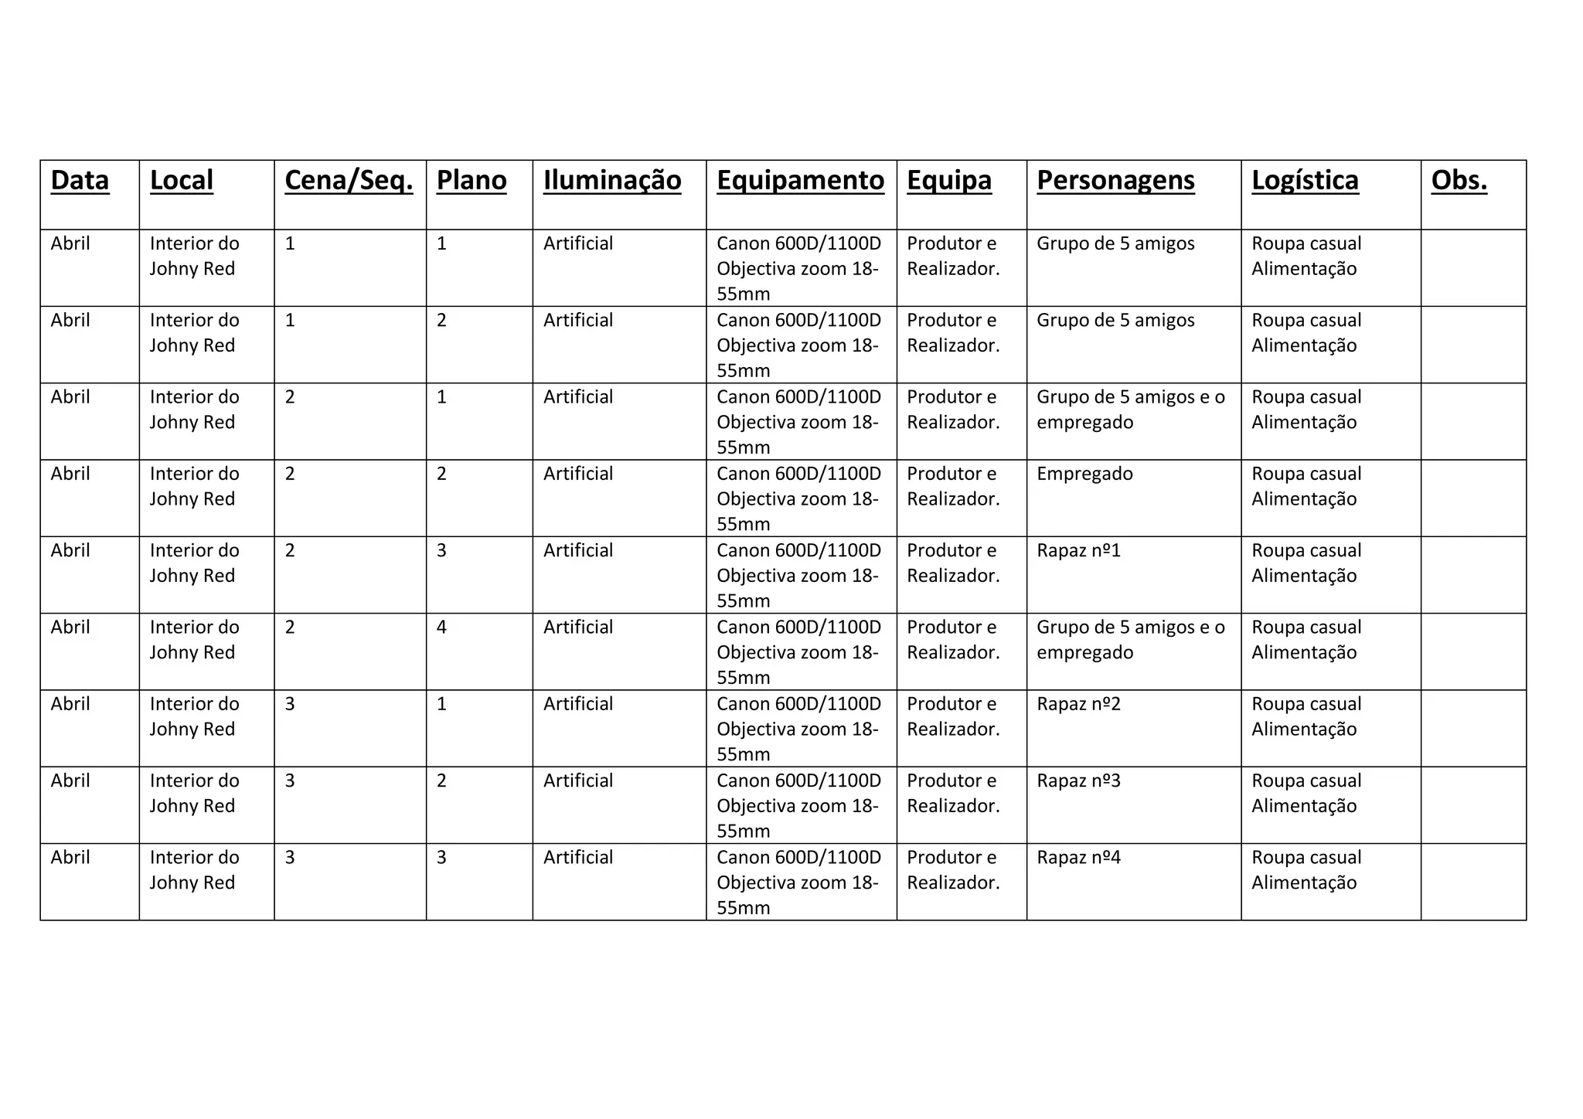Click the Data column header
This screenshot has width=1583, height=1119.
(80, 181)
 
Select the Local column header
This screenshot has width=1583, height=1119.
(182, 181)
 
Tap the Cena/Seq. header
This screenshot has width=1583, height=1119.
(349, 181)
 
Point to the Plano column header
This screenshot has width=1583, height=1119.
(471, 181)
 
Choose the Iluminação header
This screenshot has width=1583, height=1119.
(612, 181)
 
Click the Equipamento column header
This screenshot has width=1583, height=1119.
(800, 181)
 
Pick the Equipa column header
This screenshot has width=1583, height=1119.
(949, 181)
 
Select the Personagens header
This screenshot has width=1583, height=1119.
(1115, 181)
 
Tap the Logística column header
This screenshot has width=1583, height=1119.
(1305, 181)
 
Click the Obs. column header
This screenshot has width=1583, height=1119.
(1459, 181)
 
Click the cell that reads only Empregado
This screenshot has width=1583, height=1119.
(1084, 474)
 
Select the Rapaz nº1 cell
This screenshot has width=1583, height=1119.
(1078, 550)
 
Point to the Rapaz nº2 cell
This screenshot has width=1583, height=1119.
(1078, 704)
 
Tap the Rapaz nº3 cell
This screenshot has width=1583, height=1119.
(1078, 781)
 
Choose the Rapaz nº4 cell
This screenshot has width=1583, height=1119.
(1078, 857)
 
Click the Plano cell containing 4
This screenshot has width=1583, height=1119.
(441, 627)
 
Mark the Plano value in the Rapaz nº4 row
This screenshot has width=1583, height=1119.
(441, 857)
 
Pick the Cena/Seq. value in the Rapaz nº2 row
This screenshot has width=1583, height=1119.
(290, 704)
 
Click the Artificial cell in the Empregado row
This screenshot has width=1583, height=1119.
(577, 474)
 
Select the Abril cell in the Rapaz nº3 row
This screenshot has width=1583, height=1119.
(70, 781)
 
